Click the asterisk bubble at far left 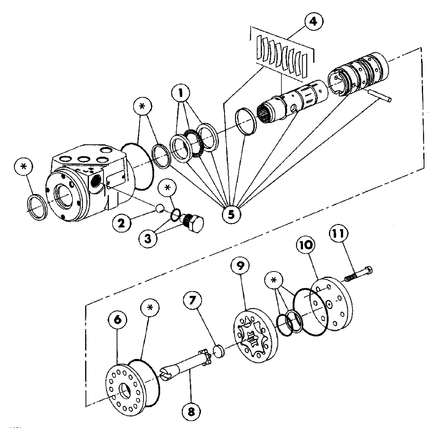coord(25,166)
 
